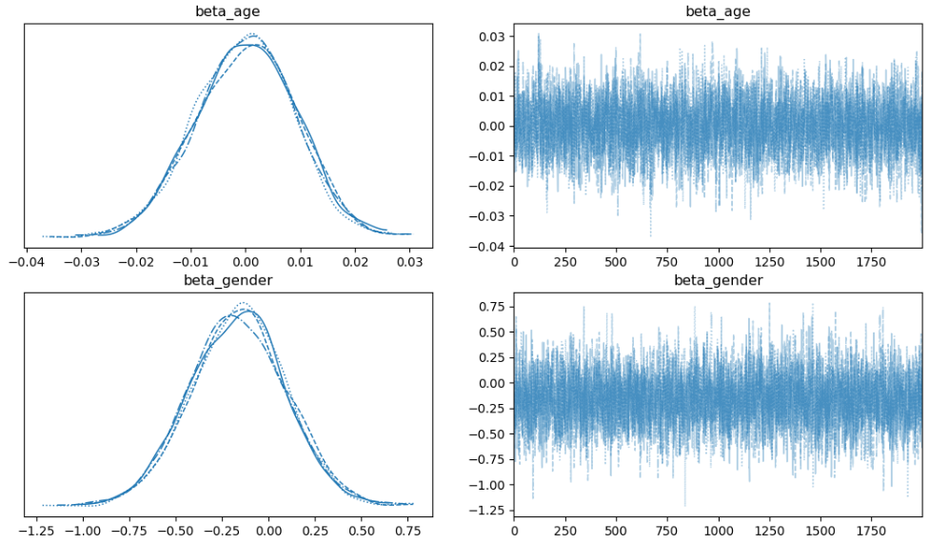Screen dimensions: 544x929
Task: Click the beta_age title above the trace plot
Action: click(718, 11)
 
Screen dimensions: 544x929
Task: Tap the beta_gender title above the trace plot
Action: click(718, 280)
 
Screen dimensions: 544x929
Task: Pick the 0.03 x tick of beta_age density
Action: click(410, 256)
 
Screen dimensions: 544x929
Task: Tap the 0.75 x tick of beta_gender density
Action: click(410, 526)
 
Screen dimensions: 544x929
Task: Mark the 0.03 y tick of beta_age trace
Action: click(491, 37)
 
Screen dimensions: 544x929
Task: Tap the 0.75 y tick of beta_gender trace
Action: click(491, 307)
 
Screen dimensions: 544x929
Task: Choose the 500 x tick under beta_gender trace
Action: click(616, 526)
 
